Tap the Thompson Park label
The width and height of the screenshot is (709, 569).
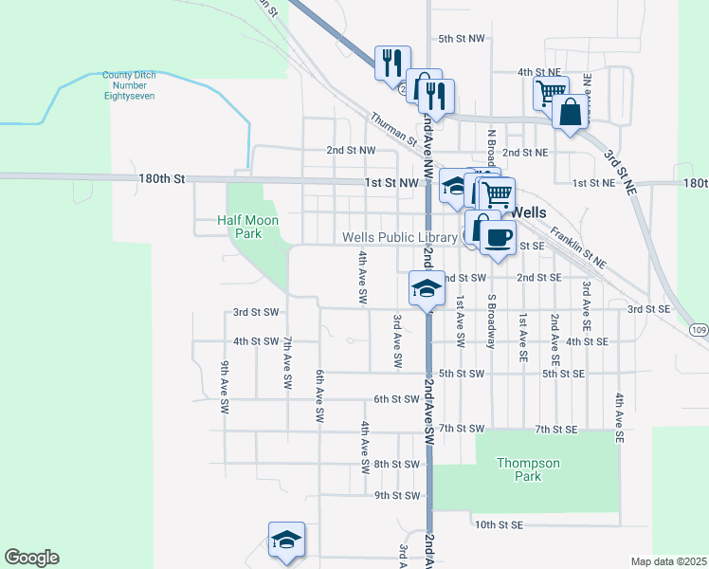click(529, 469)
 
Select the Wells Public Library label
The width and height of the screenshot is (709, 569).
click(399, 237)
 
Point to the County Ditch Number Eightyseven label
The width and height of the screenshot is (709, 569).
click(129, 85)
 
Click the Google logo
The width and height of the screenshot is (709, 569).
click(31, 558)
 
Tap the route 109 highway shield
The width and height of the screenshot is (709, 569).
click(699, 329)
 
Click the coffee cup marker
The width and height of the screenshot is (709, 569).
click(499, 237)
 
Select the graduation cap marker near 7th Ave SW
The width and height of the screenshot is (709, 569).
click(286, 541)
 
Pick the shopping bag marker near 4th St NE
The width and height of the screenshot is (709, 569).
click(572, 113)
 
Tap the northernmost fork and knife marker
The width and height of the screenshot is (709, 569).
click(391, 64)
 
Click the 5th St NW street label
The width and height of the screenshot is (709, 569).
click(462, 39)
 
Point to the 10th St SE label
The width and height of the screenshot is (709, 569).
click(500, 524)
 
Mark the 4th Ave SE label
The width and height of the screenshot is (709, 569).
click(619, 418)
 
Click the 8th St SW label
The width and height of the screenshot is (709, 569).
click(396, 464)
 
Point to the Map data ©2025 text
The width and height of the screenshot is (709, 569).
click(667, 561)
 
